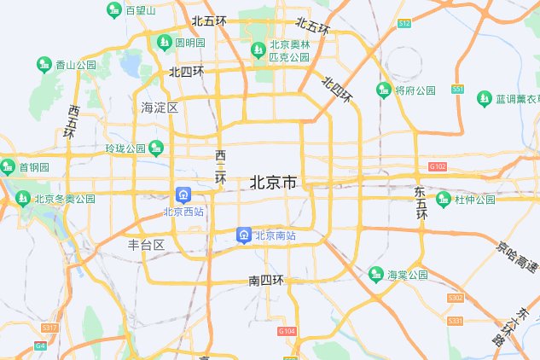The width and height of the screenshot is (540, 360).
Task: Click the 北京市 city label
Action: point(273,183)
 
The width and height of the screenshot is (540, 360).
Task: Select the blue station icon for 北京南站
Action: point(244,235)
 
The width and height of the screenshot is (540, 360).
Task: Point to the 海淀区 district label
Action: point(160,107)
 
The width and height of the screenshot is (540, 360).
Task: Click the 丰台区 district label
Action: point(146,245)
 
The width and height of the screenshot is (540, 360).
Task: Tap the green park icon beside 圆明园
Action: point(164,42)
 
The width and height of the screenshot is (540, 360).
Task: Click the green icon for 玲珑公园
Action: point(155,148)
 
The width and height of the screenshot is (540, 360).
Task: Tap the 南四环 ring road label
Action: point(265,280)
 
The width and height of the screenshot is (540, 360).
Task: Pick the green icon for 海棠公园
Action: point(375,275)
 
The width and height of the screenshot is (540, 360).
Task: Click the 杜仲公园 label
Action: point(474,200)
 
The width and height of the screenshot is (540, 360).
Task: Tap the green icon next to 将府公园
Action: point(384,90)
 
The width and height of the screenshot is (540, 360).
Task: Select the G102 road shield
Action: point(438,166)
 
